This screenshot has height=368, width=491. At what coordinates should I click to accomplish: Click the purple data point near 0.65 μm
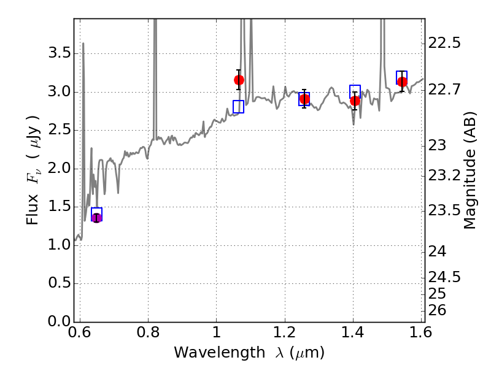tap(96, 218)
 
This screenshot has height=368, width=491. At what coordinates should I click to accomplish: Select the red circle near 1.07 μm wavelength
tap(239, 80)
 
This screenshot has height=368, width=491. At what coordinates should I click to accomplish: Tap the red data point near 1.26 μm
tap(304, 99)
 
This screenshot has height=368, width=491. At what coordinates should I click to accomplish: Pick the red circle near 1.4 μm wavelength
tap(355, 101)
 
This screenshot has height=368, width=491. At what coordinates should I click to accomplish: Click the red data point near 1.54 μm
tap(402, 82)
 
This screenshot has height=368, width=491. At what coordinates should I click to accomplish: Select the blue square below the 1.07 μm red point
tap(238, 107)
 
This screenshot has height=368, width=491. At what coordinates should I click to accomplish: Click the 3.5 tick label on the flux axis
tap(59, 53)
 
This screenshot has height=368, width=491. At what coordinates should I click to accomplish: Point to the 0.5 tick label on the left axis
tap(59, 283)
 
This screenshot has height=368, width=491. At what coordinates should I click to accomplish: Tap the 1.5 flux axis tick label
tap(59, 206)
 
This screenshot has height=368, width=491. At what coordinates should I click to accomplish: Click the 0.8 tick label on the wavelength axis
tap(148, 332)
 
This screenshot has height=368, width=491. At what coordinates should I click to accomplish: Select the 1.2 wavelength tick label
tap(285, 332)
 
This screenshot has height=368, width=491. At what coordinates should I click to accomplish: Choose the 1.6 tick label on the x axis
tap(421, 332)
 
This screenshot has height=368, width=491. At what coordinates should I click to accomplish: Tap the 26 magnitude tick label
tap(437, 310)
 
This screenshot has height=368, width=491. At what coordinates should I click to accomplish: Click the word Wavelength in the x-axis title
tap(220, 353)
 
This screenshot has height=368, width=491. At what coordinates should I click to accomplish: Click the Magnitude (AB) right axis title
tap(470, 171)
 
